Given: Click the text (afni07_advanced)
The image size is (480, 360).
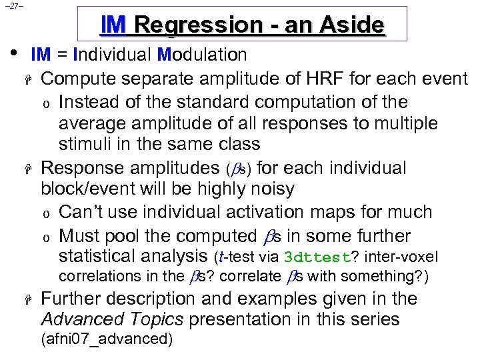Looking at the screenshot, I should pos(107,339).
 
